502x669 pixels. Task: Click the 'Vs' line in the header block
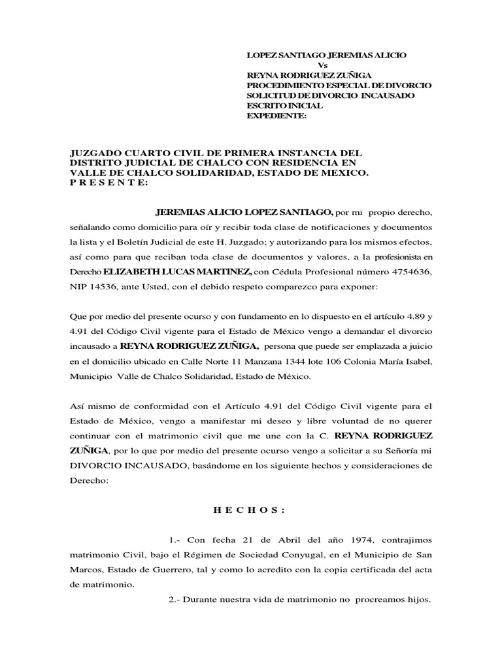click(x=322, y=65)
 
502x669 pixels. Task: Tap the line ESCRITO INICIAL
click(x=284, y=105)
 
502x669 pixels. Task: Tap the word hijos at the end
click(x=417, y=599)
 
